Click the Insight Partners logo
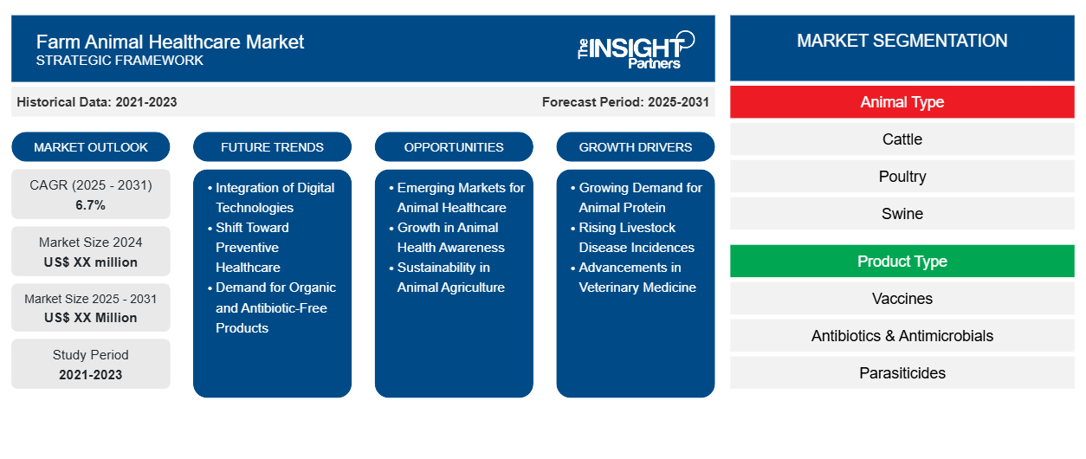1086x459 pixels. [636, 48]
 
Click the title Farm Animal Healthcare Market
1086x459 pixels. [170, 42]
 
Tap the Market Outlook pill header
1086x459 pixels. [91, 147]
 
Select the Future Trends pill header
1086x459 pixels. [272, 147]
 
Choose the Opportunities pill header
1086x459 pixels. [454, 147]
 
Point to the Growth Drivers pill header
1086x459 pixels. [636, 147]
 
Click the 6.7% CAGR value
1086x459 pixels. [91, 205]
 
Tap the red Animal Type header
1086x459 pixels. [902, 102]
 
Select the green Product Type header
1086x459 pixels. [902, 262]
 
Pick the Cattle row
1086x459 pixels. [902, 139]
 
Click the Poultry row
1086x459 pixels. [902, 177]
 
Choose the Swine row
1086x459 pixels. [902, 214]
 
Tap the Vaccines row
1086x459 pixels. [902, 299]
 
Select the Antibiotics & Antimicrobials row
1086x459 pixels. [902, 336]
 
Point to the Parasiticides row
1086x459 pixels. [902, 373]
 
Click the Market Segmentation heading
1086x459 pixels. [902, 41]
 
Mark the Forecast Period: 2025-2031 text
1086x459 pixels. [625, 102]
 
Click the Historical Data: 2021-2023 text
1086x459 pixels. [97, 102]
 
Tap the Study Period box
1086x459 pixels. [91, 365]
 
